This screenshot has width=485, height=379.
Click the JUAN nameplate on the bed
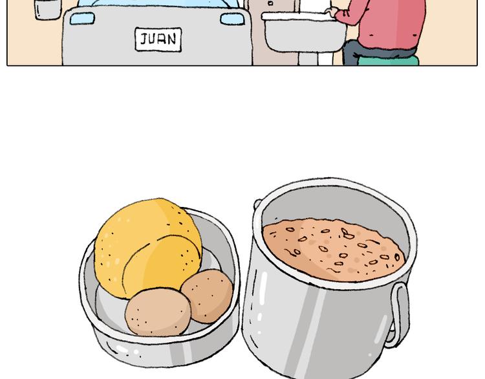pyautogui.click(x=158, y=39)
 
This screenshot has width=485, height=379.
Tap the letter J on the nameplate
pyautogui.click(x=144, y=39)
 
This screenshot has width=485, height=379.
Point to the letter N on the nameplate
pyautogui.click(x=171, y=39)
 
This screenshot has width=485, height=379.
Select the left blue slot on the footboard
pyautogui.click(x=82, y=19)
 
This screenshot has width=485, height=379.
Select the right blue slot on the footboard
pyautogui.click(x=232, y=19)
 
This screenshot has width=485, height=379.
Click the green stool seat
pyautogui.click(x=388, y=60)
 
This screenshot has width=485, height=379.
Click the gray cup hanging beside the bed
pyautogui.click(x=47, y=9)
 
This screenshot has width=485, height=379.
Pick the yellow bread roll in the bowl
pyautogui.click(x=148, y=248)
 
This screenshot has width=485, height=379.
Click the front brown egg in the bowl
pyautogui.click(x=158, y=312)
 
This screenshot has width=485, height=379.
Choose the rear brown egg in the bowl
pyautogui.click(x=208, y=296)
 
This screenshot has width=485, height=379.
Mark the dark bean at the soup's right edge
pyautogui.click(x=397, y=257)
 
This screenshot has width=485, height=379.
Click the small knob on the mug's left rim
pyautogui.click(x=257, y=204)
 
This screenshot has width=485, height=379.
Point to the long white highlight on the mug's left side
pyautogui.click(x=263, y=288)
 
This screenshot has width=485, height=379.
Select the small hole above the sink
pyautogui.click(x=270, y=3)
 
